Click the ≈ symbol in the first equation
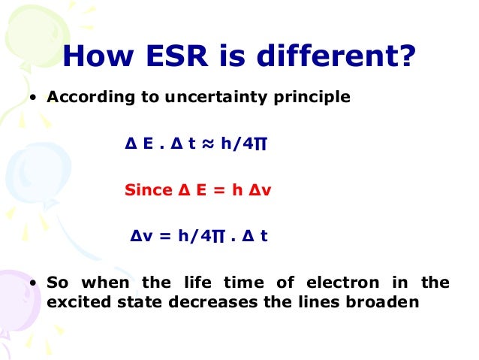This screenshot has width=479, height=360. coord(208,144)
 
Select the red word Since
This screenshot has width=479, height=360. coord(148,190)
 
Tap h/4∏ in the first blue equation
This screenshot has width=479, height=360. coord(243,144)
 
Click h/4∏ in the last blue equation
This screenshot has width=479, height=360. coord(198,236)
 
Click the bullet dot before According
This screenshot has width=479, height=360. coord(34,98)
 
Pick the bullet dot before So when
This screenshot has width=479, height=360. coord(34,284)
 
